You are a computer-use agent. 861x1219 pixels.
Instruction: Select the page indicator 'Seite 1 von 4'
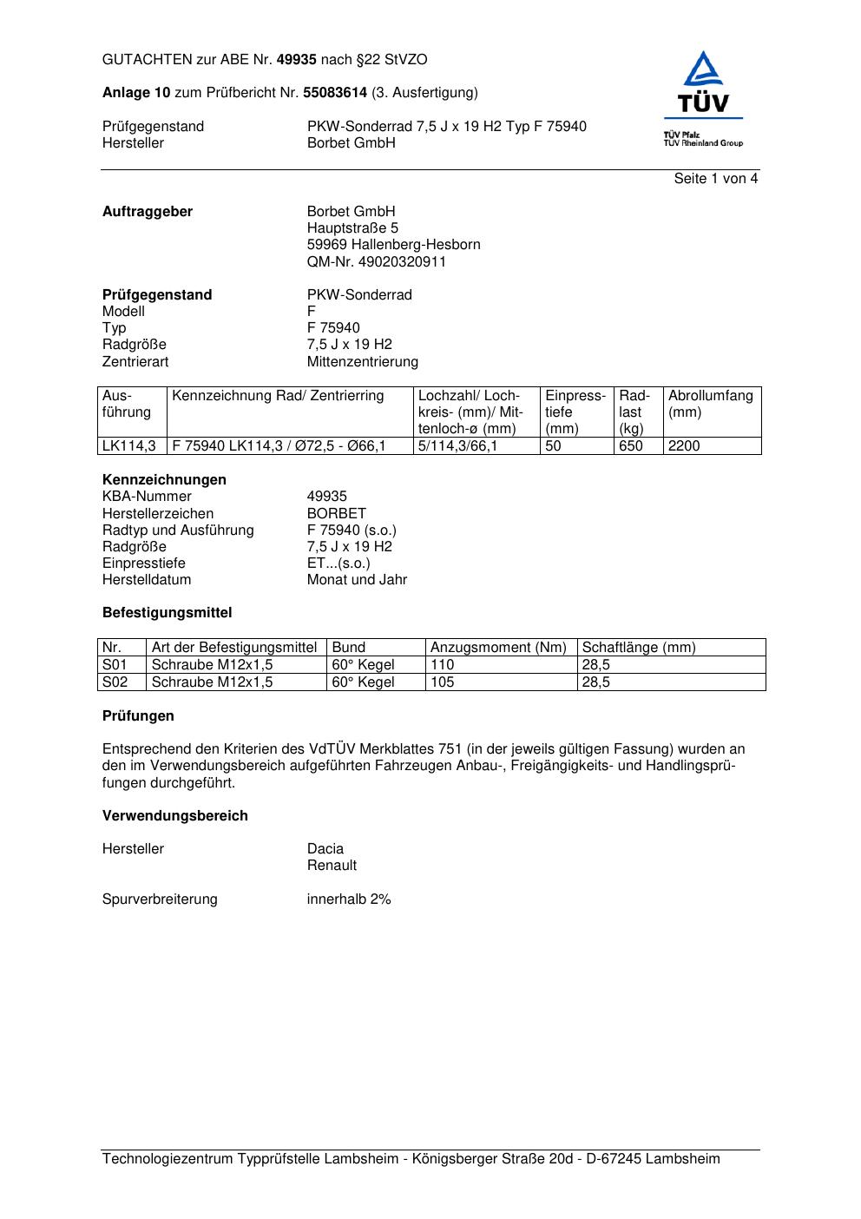(716, 179)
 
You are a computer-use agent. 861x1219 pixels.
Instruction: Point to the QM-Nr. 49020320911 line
(376, 261)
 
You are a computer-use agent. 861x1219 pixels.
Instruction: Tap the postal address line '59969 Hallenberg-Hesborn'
(393, 245)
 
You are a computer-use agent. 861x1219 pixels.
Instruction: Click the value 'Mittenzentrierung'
(362, 361)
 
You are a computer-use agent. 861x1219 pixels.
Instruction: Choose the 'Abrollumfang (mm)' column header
(710, 404)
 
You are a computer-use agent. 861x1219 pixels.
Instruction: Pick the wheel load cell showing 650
(631, 445)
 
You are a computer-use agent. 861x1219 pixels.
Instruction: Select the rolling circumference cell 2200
(684, 445)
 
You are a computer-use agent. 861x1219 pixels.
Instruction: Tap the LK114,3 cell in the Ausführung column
(129, 445)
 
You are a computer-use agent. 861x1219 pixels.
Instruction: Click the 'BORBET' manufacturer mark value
(337, 513)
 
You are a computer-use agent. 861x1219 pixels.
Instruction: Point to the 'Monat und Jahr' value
(357, 579)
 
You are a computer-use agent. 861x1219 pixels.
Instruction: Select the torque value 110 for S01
(443, 664)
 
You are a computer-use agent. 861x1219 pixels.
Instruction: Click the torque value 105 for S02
(443, 682)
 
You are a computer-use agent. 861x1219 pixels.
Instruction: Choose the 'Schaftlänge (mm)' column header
(639, 647)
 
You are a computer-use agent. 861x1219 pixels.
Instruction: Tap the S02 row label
(115, 682)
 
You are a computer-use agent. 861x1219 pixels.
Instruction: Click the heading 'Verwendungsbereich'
(175, 815)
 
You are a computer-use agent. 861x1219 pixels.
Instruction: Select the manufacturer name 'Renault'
(332, 865)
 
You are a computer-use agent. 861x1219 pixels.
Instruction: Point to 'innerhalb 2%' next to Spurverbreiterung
(349, 899)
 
